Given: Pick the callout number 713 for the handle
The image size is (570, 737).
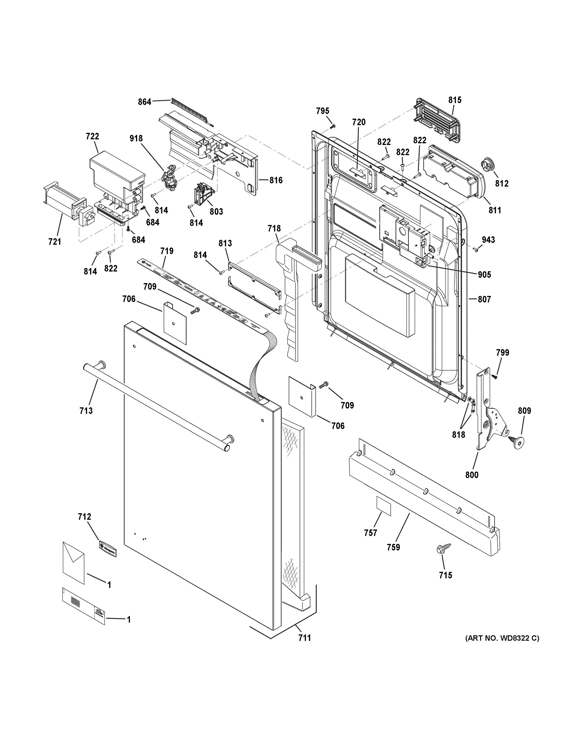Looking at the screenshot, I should (x=86, y=410).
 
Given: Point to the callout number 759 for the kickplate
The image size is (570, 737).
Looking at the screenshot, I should (x=394, y=547).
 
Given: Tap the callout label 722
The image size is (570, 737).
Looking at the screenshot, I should (x=92, y=136).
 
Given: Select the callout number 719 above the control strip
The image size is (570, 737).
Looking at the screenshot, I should (x=167, y=251).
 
